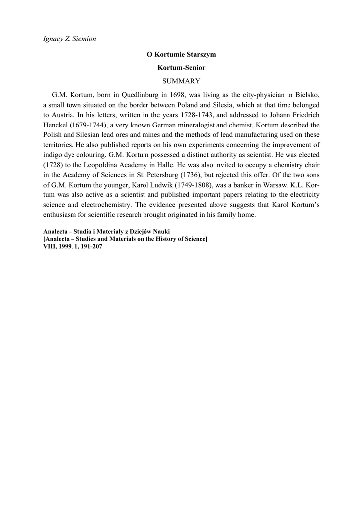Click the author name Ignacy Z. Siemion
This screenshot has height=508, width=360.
[x=69, y=39]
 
